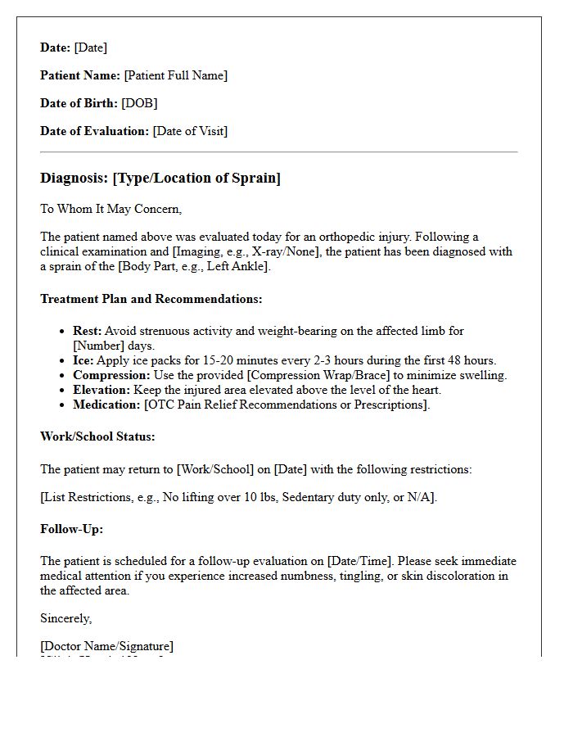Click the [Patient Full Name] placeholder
click(175, 75)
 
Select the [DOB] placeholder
click(139, 103)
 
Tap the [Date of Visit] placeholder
click(190, 131)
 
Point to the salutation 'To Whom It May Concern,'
click(111, 209)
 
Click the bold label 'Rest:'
click(87, 331)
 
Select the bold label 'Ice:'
click(84, 360)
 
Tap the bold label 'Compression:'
click(111, 375)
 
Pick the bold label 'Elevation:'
click(102, 390)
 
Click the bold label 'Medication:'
click(106, 405)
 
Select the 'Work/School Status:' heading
click(97, 436)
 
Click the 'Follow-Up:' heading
click(71, 529)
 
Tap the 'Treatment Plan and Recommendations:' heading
click(151, 299)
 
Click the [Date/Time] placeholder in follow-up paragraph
click(359, 561)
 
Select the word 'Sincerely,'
click(66, 618)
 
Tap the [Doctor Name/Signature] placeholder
click(107, 646)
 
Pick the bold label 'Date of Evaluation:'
click(95, 131)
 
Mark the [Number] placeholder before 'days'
click(98, 346)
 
